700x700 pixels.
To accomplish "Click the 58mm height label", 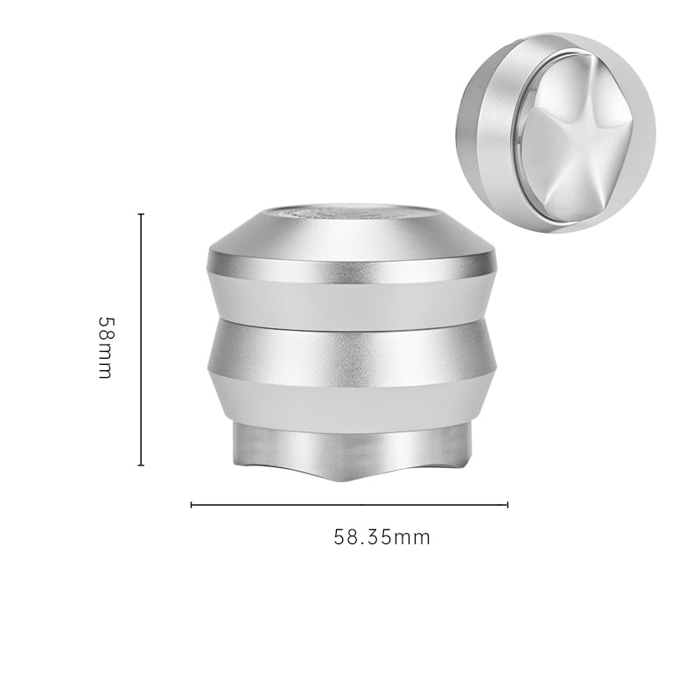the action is (106, 347).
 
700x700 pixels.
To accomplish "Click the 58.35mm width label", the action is (381, 537).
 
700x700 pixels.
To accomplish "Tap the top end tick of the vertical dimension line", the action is (141, 214).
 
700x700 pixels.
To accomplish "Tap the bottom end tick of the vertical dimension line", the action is (141, 465).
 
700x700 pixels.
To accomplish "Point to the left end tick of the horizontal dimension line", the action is (192, 505).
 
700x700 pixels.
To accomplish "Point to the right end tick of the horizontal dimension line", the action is (507, 505).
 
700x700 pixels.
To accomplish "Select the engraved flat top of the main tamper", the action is (352, 213).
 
